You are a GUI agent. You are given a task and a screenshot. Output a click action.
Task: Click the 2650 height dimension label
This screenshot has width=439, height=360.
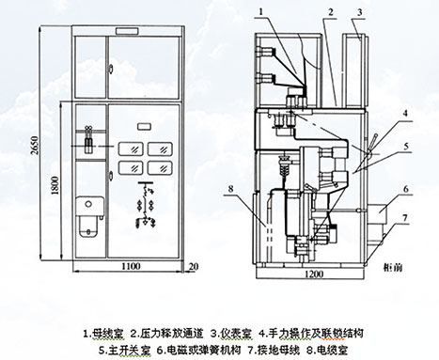click(35, 145)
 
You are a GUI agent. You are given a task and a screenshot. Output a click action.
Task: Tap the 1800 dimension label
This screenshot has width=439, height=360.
click(55, 185)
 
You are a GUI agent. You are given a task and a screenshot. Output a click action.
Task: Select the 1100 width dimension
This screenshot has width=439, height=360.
click(131, 266)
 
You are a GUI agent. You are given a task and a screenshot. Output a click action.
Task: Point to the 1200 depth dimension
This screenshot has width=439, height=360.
click(314, 274)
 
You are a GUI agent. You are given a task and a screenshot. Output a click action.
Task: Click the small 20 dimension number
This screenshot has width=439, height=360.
click(194, 267)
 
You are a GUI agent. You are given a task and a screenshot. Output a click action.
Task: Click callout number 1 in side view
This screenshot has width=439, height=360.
click(261, 11)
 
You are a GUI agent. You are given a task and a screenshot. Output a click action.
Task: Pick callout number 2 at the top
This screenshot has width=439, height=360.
click(330, 12)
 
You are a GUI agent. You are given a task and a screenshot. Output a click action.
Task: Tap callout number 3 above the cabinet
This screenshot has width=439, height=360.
click(360, 12)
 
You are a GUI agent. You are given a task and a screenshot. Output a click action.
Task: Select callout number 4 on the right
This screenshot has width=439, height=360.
click(405, 114)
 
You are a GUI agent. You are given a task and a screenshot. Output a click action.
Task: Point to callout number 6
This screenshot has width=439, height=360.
click(406, 189)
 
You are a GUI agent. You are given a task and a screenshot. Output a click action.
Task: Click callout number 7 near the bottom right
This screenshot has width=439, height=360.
click(405, 218)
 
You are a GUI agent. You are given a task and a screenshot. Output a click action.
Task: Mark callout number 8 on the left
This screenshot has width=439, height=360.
click(231, 188)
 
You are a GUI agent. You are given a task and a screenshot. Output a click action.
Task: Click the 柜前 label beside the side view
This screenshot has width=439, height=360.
click(393, 267)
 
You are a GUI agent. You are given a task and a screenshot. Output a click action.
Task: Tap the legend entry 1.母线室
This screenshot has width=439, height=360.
click(103, 333)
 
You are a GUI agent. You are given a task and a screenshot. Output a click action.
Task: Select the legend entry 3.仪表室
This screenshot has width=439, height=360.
click(231, 333)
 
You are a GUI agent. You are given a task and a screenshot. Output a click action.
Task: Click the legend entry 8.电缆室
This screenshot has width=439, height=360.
click(327, 350)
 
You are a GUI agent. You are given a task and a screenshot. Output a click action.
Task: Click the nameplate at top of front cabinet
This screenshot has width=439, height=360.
click(128, 31)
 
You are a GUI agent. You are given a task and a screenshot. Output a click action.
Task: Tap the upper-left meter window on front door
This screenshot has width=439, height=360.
click(131, 149)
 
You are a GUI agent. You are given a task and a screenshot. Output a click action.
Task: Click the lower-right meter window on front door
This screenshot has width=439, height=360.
click(160, 168)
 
